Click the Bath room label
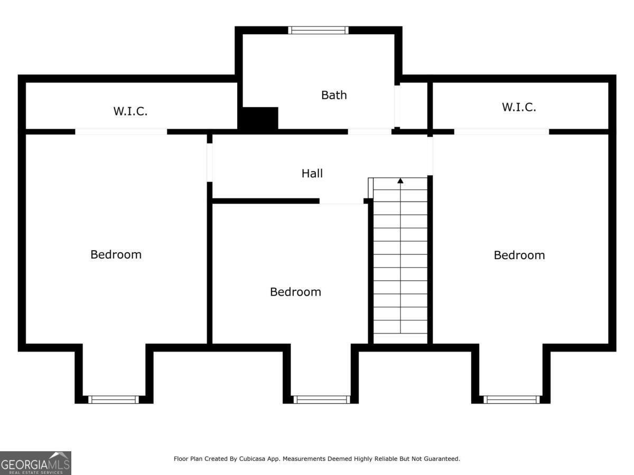click(334, 95)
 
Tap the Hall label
click(312, 173)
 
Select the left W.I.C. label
click(130, 111)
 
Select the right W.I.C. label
click(519, 107)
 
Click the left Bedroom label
click(116, 255)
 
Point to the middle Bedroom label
click(295, 292)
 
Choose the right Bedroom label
click(519, 255)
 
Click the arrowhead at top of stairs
click(400, 181)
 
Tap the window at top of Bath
click(318, 30)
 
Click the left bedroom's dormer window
click(114, 400)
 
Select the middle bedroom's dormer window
click(322, 400)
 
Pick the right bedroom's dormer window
click(511, 400)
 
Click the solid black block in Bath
click(258, 118)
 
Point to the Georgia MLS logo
click(35, 463)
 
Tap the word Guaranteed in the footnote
click(442, 459)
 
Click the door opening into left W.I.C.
click(121, 132)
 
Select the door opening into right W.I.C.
click(501, 132)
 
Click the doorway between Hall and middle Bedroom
click(341, 201)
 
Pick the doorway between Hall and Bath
click(369, 132)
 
